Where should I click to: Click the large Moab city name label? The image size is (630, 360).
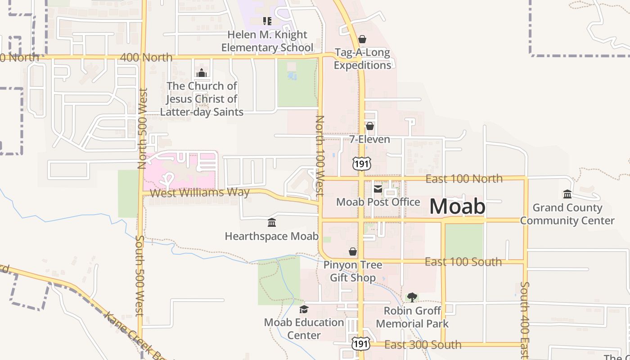457,207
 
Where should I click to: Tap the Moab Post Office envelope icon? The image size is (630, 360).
378,189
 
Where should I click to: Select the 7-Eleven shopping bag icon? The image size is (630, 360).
369,126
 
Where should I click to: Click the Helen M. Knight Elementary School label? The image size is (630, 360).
267,41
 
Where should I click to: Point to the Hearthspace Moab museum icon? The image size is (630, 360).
271,223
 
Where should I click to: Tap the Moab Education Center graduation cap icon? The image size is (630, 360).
304,309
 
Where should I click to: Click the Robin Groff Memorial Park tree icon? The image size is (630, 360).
412,297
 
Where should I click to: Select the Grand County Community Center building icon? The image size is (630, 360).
567,194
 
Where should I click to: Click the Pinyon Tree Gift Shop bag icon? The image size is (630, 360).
353,251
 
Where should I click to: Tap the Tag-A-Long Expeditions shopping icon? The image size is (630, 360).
362,39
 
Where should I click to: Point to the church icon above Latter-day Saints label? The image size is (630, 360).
202,72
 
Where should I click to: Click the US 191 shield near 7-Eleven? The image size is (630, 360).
362,164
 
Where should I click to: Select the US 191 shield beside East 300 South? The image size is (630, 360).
361,344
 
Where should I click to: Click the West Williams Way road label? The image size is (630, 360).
199,193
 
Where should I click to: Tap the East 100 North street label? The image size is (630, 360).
464,179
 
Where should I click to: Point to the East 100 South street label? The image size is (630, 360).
463,262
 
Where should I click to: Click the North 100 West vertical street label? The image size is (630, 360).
319,155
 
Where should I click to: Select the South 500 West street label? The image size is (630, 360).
139,275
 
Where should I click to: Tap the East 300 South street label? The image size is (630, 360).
423,345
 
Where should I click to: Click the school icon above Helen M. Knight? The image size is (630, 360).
267,21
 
